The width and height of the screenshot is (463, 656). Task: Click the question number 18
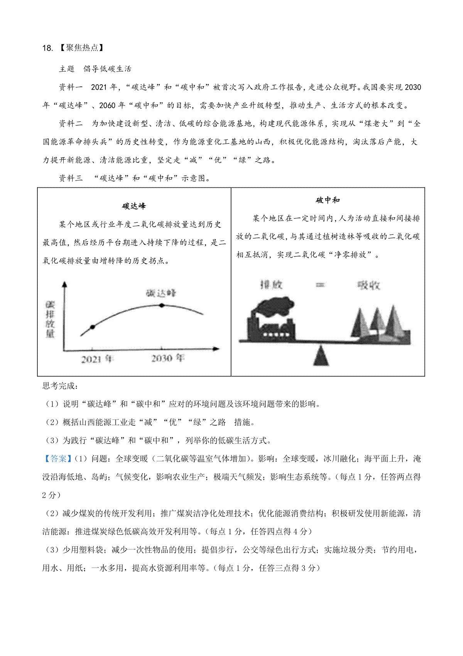coord(47,48)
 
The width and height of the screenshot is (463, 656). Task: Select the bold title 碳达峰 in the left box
coord(134,206)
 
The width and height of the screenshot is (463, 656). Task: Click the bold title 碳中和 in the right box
coord(328,200)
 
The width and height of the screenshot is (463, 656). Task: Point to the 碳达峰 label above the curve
coord(161,293)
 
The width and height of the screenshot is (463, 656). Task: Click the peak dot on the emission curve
coord(162,305)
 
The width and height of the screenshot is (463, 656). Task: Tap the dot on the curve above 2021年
coord(92,327)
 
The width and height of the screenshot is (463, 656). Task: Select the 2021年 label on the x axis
coord(97,359)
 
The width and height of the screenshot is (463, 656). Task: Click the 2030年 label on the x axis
coord(167,359)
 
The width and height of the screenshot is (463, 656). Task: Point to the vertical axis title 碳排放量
coord(50,319)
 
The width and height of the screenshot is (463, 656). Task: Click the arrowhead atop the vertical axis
coord(64,284)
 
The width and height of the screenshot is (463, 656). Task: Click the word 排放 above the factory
coord(271,285)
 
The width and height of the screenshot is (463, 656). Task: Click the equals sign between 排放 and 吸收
coord(320,285)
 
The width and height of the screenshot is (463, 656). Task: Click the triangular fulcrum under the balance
coord(321,356)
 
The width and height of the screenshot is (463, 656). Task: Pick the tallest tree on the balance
coord(394,323)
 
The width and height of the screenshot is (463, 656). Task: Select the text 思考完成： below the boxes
coord(60,386)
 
